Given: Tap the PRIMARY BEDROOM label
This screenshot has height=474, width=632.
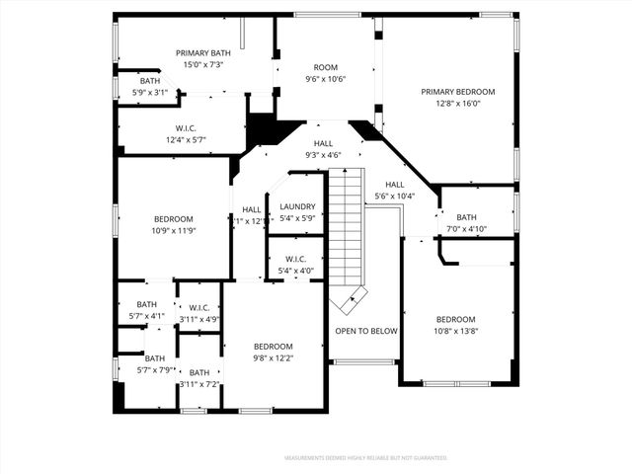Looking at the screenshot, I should [457, 92].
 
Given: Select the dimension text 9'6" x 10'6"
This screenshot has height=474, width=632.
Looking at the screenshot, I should [325, 79].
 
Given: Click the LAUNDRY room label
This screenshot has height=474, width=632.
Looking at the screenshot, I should [297, 206].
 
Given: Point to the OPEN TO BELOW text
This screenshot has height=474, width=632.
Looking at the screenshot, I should [366, 331].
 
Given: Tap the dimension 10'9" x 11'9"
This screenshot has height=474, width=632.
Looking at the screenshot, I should [173, 230].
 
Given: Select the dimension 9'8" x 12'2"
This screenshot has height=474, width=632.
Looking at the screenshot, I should [273, 357].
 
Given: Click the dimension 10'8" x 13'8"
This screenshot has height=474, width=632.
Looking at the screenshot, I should [456, 331].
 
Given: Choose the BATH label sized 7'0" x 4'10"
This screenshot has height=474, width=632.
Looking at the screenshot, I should [466, 218].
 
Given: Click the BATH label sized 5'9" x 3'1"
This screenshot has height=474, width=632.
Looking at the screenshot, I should [150, 81].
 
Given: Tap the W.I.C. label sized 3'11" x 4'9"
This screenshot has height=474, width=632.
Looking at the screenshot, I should [198, 308].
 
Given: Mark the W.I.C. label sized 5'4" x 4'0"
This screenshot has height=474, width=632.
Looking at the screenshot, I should [296, 260].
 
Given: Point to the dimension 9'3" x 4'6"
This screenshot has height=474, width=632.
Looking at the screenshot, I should [323, 155].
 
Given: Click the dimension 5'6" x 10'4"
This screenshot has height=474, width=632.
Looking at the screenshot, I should [395, 197].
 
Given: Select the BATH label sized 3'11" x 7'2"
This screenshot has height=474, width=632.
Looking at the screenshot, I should [198, 372].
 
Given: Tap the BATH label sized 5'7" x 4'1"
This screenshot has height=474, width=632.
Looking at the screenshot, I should [147, 304].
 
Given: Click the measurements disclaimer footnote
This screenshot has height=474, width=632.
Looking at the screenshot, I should [365, 458].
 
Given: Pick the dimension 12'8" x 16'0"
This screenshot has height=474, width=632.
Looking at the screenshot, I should [457, 103].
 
